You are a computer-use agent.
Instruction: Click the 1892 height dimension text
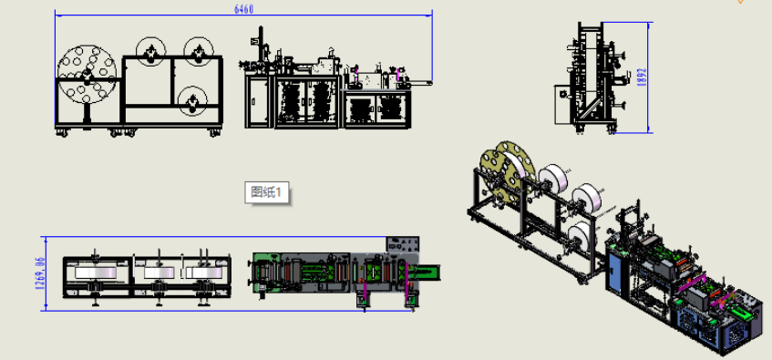[x=641, y=77]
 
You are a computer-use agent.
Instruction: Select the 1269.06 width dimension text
[x=40, y=273]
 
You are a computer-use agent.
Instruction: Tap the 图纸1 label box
[x=266, y=192]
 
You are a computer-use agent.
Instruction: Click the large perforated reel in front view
[x=87, y=75]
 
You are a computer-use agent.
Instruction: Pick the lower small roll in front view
[x=192, y=101]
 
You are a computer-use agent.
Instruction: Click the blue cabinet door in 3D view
[x=615, y=272]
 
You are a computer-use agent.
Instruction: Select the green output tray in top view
[x=425, y=272]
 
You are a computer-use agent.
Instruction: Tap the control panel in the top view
[x=403, y=244]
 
